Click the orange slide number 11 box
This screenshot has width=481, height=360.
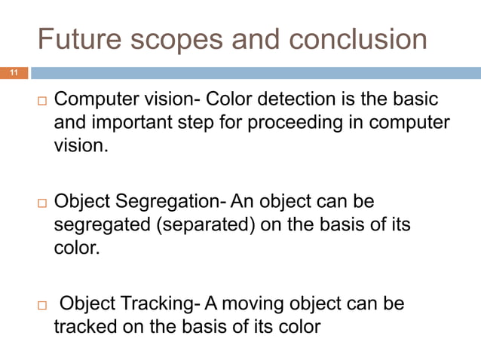pyautogui.click(x=14, y=73)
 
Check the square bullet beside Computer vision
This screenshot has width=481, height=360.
pyautogui.click(x=42, y=101)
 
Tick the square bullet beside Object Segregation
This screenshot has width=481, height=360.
pyautogui.click(x=42, y=203)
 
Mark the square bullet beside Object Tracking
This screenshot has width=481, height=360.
pyautogui.click(x=42, y=305)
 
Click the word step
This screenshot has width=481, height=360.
pyautogui.click(x=200, y=122)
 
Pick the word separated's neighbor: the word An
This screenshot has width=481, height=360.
pyautogui.click(x=243, y=202)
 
